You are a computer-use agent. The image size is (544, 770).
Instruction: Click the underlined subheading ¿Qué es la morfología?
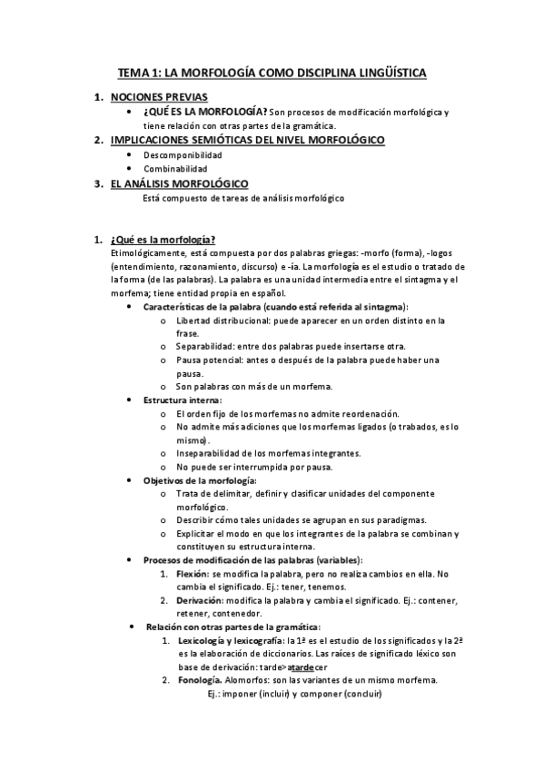click(x=162, y=240)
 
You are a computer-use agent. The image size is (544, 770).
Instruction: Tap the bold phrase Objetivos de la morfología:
click(x=200, y=479)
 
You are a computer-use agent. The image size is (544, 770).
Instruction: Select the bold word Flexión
click(x=192, y=574)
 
